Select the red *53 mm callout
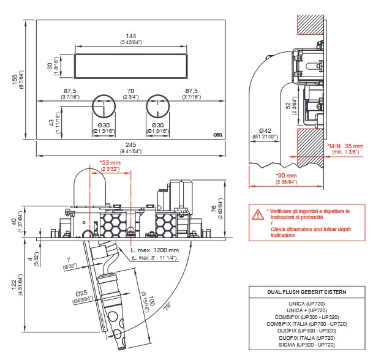(110, 163)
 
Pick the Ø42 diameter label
(264, 130)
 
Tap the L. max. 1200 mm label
(156, 250)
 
